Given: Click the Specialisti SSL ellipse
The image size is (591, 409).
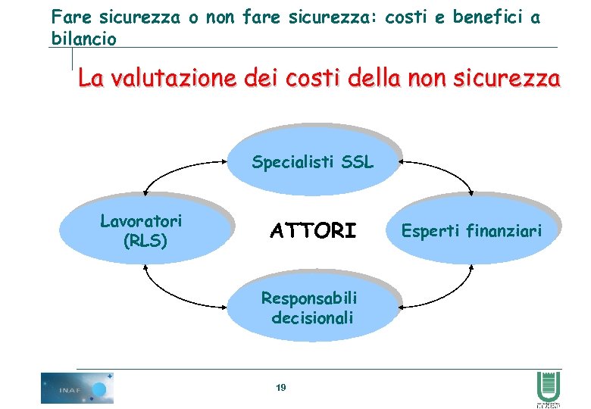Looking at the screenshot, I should tap(312, 161).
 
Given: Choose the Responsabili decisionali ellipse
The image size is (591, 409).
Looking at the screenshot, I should tap(312, 306).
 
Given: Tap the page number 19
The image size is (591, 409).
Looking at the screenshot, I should tap(280, 388).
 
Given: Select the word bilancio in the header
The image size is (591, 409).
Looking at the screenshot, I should tap(83, 38).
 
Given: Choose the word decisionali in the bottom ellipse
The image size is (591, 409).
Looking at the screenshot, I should tap(312, 317).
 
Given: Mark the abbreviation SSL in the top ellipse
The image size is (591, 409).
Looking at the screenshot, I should tap(357, 161).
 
